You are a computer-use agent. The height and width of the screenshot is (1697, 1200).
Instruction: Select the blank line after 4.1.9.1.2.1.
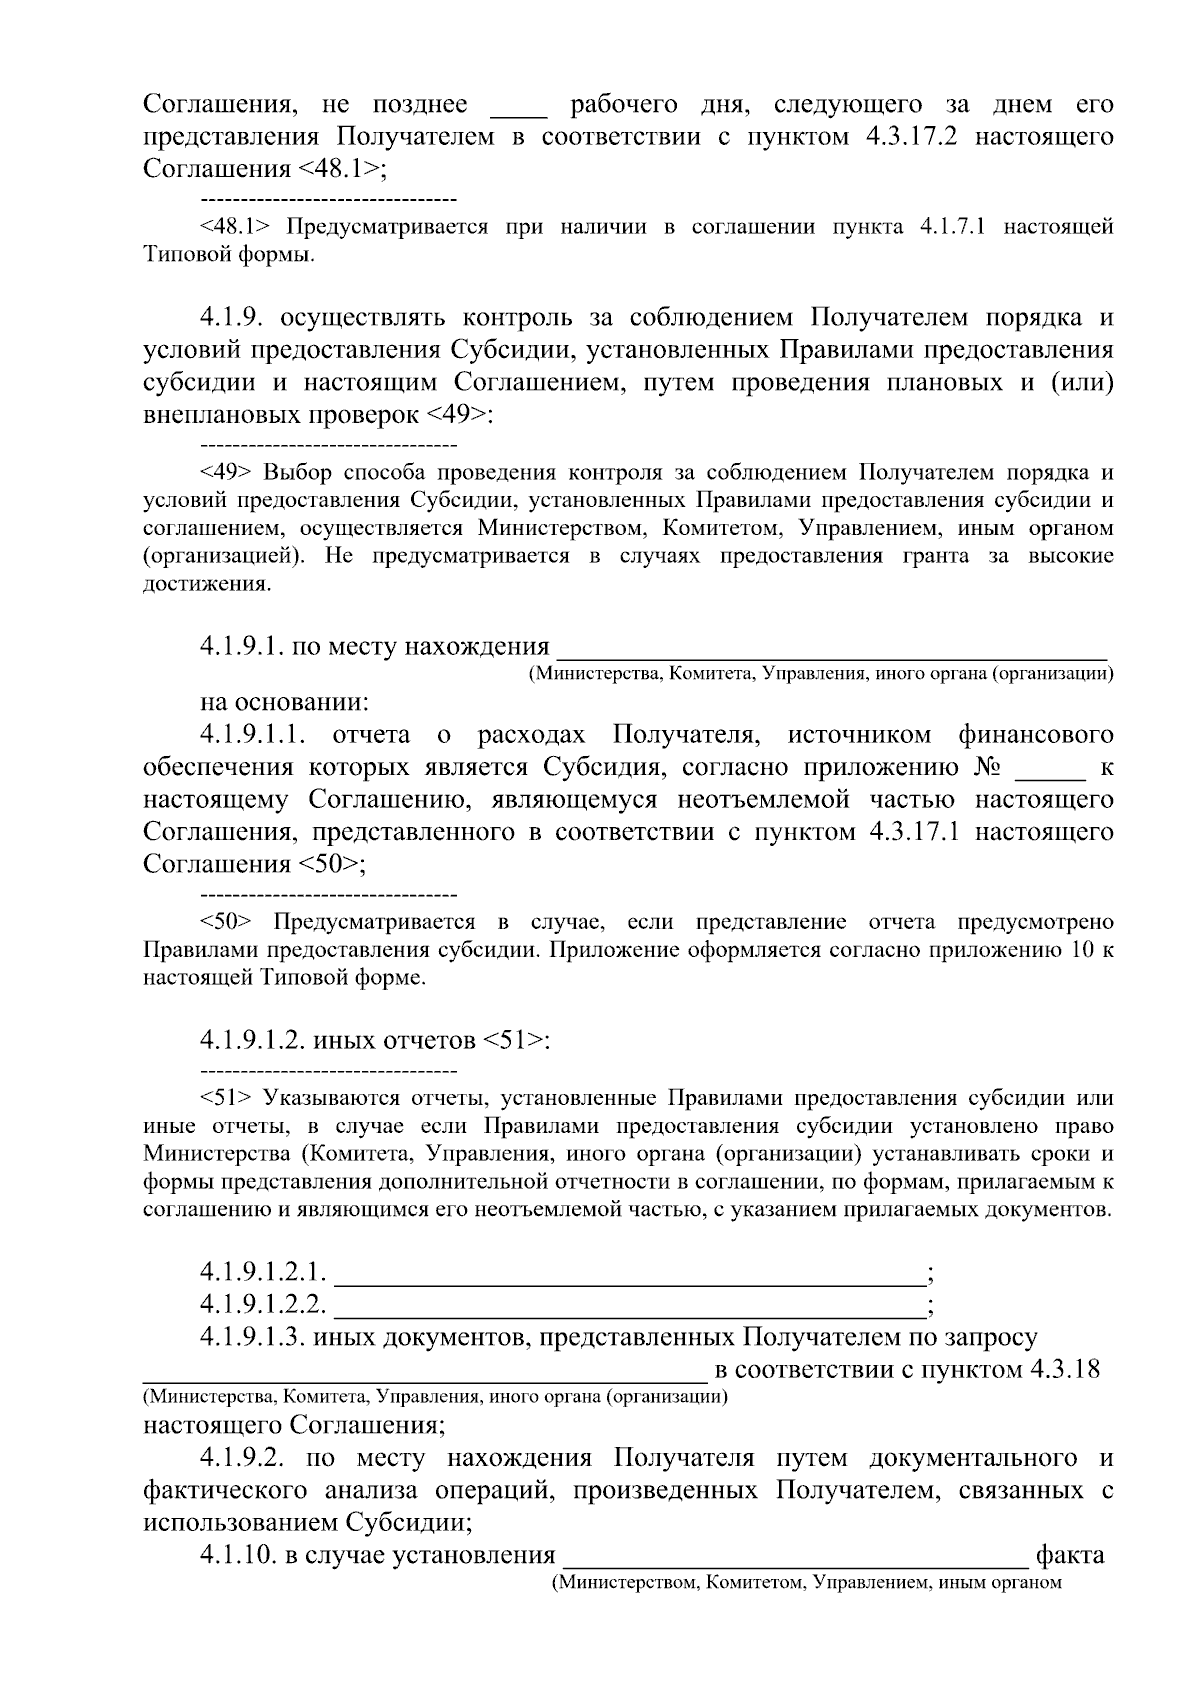(x=629, y=1274)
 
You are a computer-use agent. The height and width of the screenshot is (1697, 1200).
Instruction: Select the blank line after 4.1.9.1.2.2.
(x=629, y=1306)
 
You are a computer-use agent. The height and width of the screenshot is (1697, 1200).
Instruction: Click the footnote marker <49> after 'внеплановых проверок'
(x=459, y=415)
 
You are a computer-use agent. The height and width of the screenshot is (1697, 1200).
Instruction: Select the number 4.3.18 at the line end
(x=1065, y=1369)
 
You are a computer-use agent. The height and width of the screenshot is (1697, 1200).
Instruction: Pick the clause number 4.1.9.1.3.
(x=251, y=1337)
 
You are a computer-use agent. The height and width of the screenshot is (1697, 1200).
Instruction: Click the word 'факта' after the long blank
(x=1070, y=1555)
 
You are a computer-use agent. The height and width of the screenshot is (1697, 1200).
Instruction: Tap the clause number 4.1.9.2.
(x=244, y=1458)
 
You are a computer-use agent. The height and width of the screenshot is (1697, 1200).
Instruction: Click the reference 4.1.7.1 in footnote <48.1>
(x=951, y=227)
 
